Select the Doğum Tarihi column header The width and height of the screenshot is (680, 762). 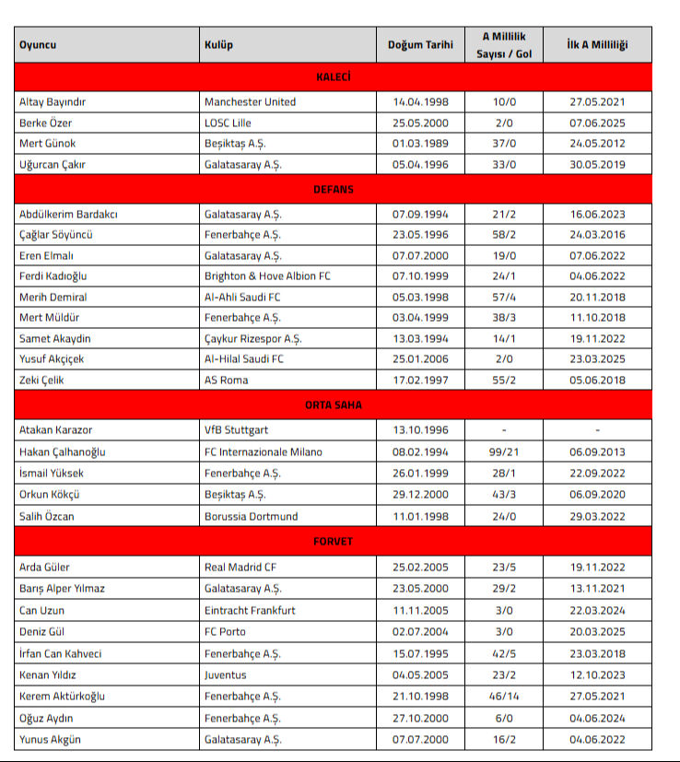coord(420,45)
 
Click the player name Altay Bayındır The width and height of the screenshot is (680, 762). coord(58,101)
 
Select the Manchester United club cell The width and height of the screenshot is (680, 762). coord(250,101)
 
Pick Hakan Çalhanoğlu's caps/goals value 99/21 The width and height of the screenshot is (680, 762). coord(503,452)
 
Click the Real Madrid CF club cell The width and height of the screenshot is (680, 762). coord(240,568)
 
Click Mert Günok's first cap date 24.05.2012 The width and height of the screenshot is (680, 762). coord(596,144)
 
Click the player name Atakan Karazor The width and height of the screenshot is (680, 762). coord(56,429)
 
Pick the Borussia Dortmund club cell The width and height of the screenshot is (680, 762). coord(252,517)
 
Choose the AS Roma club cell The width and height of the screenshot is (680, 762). coord(226,381)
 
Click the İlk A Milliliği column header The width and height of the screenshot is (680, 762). coord(596,45)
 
